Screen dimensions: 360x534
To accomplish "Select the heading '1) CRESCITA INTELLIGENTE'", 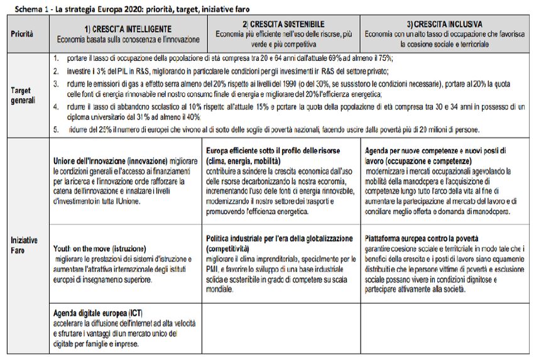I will [128, 29].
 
